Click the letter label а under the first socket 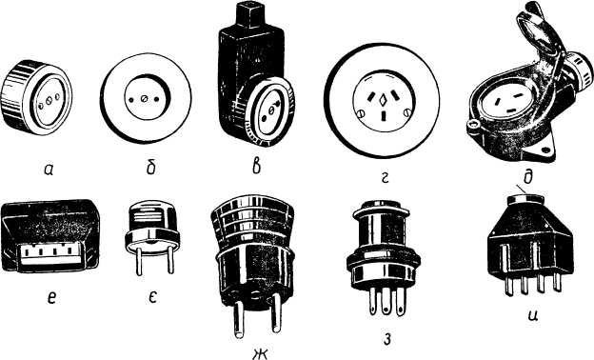[49, 170]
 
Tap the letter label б [151, 166]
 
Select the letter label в [256, 166]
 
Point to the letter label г [384, 178]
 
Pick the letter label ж [260, 352]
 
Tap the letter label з [386, 339]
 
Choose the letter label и [534, 315]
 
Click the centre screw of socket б [144, 99]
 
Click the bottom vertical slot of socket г [385, 115]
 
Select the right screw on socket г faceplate [407, 111]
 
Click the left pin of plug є [139, 262]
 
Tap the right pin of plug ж [277, 313]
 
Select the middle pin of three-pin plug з [386, 302]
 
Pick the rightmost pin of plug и [557, 282]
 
